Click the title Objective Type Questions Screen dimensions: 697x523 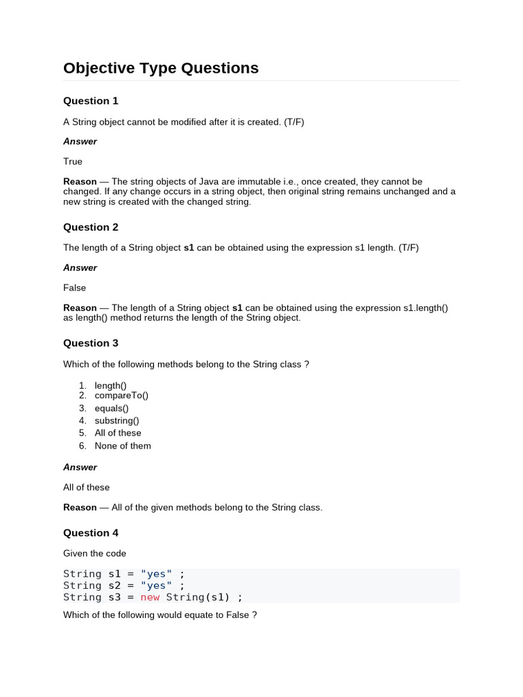(161, 68)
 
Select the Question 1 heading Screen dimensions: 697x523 (91, 101)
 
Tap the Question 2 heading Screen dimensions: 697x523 (91, 227)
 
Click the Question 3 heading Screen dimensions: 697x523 (91, 343)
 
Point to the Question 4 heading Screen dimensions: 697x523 (91, 533)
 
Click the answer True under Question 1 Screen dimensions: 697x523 (73, 161)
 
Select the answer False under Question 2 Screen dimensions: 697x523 (75, 288)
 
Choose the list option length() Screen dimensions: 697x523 (110, 385)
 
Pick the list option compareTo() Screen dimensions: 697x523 (121, 395)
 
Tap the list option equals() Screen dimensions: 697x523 (112, 408)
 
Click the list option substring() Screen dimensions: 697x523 (116, 421)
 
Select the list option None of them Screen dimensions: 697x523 (123, 446)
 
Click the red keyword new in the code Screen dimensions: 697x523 (150, 597)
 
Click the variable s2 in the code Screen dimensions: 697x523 (114, 585)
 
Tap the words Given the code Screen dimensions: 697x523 (95, 553)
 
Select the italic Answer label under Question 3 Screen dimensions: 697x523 (80, 467)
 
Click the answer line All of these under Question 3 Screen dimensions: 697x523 (86, 487)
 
